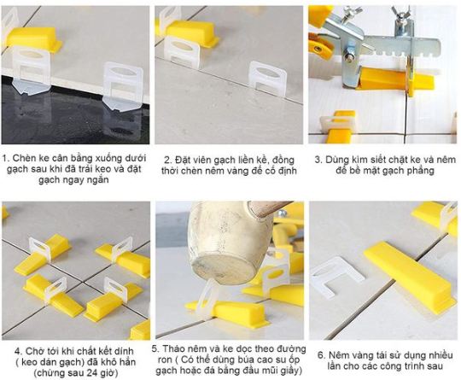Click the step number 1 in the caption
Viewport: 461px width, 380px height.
coord(5,158)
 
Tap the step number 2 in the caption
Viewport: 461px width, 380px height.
coord(167,161)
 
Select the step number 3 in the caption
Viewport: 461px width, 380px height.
coord(318,160)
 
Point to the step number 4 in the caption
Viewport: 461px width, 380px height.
coord(18,352)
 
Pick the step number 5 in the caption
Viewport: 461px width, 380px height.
coord(155,349)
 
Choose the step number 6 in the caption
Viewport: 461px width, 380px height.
coord(321,355)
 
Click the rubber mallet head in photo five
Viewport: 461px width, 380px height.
coord(230,242)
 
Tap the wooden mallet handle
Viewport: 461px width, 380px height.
coord(268,208)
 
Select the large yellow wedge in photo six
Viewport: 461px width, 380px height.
coord(410,277)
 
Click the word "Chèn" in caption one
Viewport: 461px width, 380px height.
coord(24,158)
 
